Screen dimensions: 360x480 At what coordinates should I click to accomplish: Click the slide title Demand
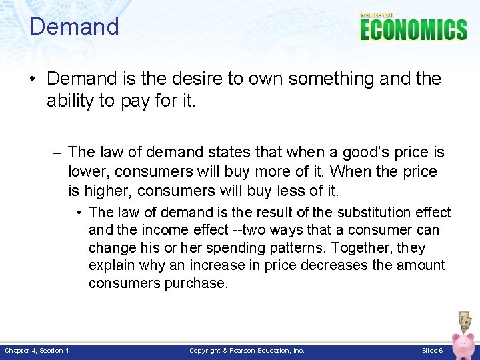pos(74,27)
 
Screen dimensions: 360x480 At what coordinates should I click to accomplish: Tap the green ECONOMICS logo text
pos(413,30)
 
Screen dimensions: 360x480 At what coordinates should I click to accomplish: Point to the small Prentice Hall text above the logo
pos(377,15)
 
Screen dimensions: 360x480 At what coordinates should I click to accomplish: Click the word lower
pos(87,171)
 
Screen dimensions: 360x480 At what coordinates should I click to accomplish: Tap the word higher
pos(105,191)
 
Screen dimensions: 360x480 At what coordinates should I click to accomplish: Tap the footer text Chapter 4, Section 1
pos(37,351)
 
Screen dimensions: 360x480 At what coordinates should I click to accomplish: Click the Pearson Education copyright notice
pos(247,351)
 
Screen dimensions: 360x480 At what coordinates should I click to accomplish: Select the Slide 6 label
pos(432,351)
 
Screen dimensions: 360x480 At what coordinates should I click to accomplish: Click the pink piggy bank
pos(464,346)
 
